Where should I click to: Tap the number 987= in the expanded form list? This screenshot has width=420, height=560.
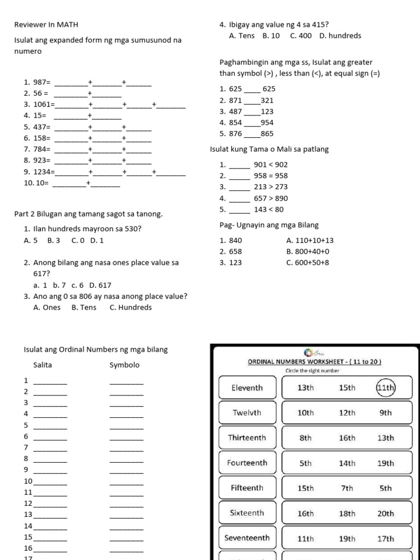click(x=41, y=82)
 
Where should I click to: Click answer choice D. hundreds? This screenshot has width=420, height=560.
click(x=340, y=36)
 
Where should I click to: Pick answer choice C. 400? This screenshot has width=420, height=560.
click(x=301, y=36)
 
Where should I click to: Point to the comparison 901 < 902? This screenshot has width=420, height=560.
click(x=271, y=165)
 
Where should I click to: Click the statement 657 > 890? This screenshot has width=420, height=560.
click(x=271, y=198)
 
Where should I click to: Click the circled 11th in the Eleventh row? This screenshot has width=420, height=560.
click(x=386, y=388)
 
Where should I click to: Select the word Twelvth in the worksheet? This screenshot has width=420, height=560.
click(x=247, y=413)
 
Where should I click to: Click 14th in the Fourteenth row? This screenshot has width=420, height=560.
click(x=347, y=463)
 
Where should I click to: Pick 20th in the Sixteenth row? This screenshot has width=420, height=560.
click(x=386, y=514)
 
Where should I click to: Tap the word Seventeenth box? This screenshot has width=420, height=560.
click(x=247, y=538)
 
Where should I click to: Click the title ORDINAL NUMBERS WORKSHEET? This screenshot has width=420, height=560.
click(x=314, y=361)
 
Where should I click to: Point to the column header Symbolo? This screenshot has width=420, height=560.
click(x=124, y=365)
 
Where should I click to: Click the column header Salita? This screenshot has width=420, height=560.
click(x=43, y=365)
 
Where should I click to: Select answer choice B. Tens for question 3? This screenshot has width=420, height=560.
click(x=84, y=307)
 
